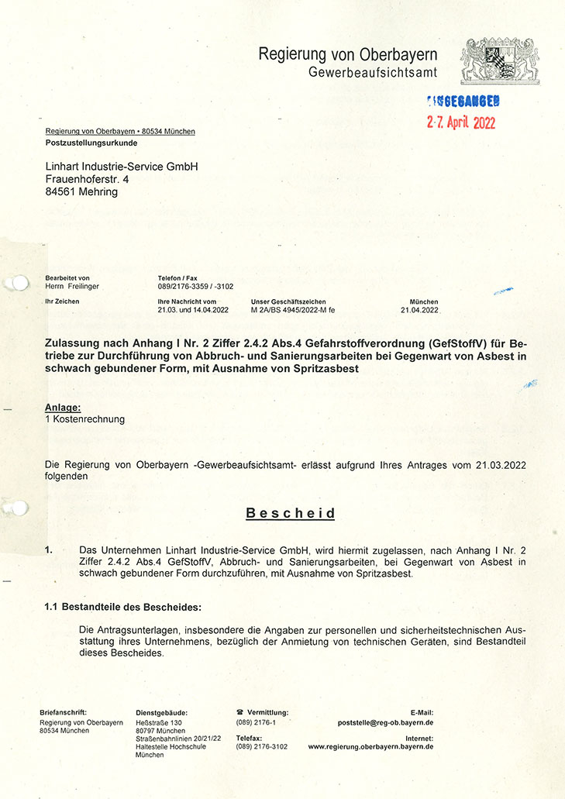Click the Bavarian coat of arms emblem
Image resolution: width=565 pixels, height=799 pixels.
click(499, 62)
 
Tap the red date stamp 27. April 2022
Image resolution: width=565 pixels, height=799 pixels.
click(461, 122)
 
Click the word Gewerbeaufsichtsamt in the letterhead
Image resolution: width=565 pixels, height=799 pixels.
click(373, 72)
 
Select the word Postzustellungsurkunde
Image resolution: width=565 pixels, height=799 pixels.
click(91, 144)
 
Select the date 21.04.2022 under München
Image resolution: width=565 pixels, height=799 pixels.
click(419, 310)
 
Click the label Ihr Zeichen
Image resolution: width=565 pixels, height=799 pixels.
click(62, 301)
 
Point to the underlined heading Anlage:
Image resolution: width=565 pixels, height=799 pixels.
click(63, 407)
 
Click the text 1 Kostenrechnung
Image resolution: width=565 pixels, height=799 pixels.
click(85, 419)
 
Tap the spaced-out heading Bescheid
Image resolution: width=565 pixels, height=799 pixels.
click(291, 513)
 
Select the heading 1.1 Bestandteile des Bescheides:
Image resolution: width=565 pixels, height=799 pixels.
click(123, 606)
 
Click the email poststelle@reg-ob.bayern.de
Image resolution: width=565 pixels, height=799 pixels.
click(385, 722)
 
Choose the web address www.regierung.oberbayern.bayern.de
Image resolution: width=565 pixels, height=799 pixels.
click(370, 747)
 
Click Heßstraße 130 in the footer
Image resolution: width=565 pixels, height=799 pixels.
click(159, 722)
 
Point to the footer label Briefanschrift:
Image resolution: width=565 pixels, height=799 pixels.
click(63, 712)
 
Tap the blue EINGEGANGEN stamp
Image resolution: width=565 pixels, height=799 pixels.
click(463, 100)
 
